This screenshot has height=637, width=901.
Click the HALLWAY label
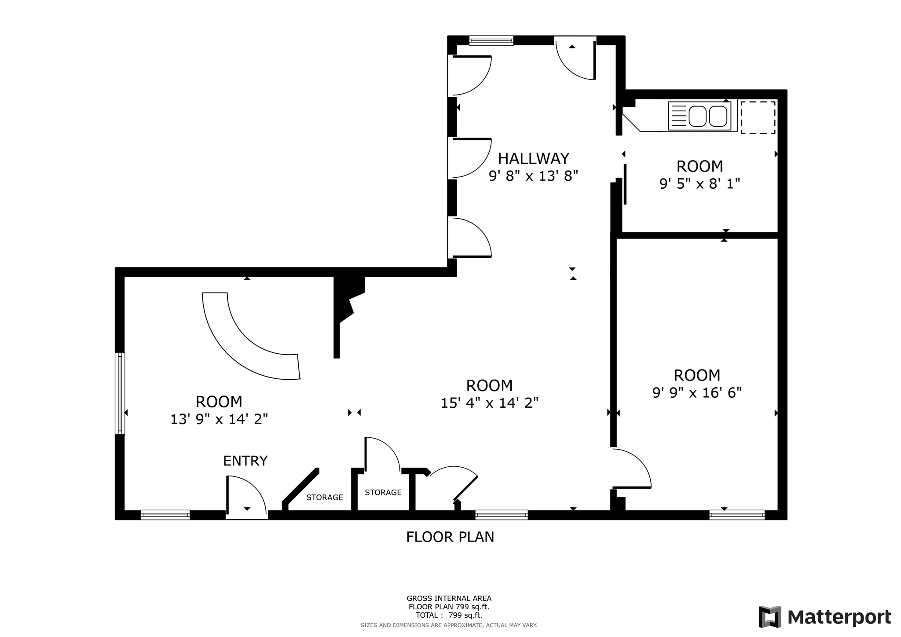tap(533, 158)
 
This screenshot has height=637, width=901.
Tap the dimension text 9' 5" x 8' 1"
tap(700, 183)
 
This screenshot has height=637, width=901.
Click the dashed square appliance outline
tap(758, 117)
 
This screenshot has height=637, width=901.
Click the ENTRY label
tap(245, 461)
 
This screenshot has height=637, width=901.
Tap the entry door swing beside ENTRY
tap(246, 495)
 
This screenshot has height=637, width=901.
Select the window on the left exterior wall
tap(120, 393)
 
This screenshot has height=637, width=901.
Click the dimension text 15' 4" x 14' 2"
tap(489, 403)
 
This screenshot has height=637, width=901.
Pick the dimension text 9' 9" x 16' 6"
tap(697, 392)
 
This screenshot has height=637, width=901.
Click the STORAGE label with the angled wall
tap(325, 498)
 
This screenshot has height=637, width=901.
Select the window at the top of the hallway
tap(491, 41)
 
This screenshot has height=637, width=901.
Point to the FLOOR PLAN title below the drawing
tap(450, 537)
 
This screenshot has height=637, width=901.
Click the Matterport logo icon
tap(769, 617)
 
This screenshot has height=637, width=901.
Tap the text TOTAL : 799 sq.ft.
tap(449, 615)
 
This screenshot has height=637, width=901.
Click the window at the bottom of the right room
tap(736, 514)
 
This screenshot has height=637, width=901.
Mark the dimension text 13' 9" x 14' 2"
tap(219, 419)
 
